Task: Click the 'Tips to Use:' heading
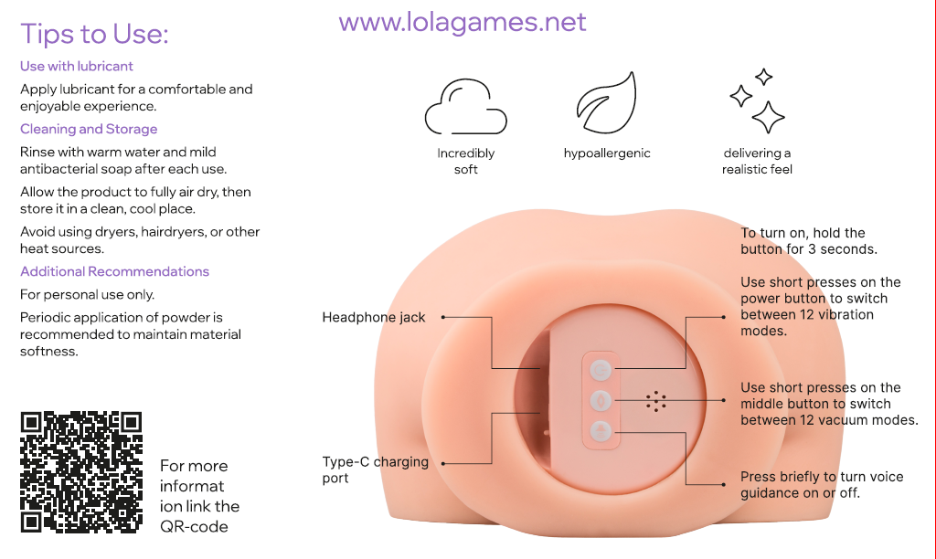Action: click(94, 34)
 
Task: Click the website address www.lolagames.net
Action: click(463, 21)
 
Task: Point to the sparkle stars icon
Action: click(758, 101)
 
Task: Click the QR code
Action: click(81, 472)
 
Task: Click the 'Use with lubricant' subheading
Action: click(77, 66)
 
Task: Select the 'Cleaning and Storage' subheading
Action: click(89, 129)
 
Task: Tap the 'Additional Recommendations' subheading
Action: click(114, 271)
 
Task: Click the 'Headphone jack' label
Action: click(374, 317)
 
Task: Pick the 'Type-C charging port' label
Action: click(375, 469)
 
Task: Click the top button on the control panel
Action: click(600, 369)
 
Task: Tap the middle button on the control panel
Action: click(600, 399)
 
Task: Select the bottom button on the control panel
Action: click(600, 430)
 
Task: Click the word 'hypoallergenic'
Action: click(607, 153)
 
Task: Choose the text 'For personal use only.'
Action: click(88, 295)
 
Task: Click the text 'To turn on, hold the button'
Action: click(808, 241)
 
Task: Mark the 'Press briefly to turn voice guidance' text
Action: click(821, 485)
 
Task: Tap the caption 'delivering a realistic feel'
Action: click(757, 161)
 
